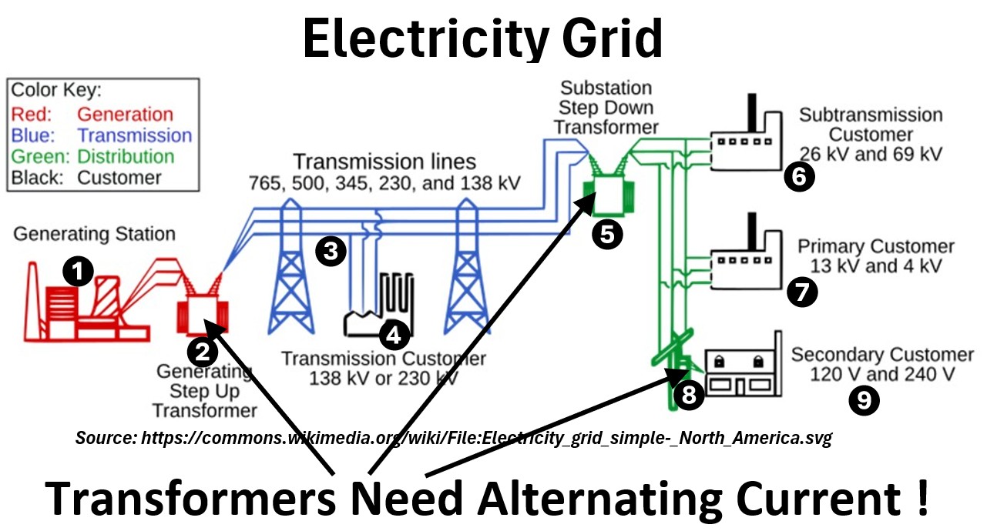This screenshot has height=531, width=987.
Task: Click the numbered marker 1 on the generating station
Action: pos(78,271)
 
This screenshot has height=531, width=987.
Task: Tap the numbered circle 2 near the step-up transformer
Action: pos(203,352)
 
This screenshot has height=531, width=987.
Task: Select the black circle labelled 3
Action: pos(331,252)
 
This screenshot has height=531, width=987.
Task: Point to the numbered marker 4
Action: pos(394,335)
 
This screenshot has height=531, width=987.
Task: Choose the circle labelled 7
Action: pos(802,292)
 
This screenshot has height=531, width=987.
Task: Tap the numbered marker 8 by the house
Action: pos(688,395)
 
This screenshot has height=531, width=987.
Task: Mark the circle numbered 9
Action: pos(863,400)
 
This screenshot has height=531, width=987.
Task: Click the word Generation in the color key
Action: pos(125,115)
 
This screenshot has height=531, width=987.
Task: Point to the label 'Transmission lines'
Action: pos(384,162)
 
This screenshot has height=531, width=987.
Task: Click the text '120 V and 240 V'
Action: pos(882,375)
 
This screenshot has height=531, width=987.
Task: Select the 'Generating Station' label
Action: pos(94,233)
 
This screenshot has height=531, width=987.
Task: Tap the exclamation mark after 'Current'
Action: pos(922,499)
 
